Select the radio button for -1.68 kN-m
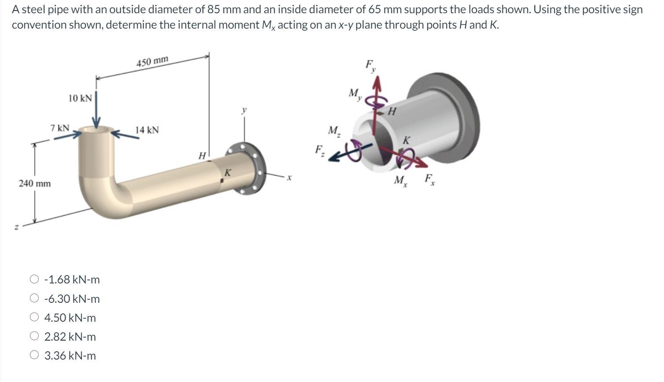(x=34, y=279)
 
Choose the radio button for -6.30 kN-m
(x=34, y=298)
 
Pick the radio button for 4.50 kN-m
(x=34, y=317)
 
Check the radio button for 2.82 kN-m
(x=34, y=336)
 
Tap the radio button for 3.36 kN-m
(x=34, y=355)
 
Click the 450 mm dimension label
(x=152, y=62)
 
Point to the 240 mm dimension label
(x=35, y=183)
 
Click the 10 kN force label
(x=80, y=98)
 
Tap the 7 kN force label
(x=60, y=128)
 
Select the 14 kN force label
(x=147, y=130)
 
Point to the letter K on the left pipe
(x=227, y=173)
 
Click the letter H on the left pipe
(x=202, y=156)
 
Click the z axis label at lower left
(x=16, y=227)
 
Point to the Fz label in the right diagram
(x=319, y=150)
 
